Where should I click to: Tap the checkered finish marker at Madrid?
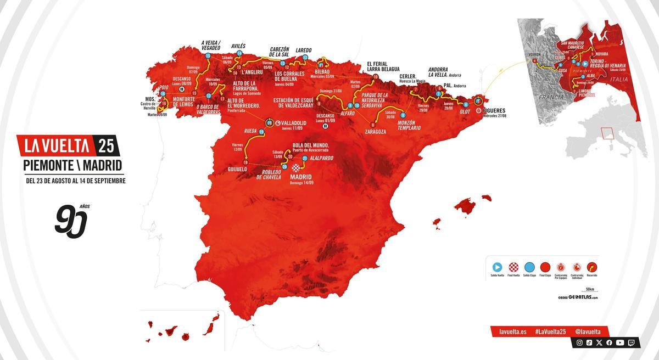[297, 167]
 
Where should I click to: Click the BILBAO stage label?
[322, 71]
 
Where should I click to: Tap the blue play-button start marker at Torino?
[585, 63]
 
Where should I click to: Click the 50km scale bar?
[590, 292]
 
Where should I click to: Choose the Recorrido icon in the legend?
[591, 266]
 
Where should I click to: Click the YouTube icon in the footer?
[619, 342]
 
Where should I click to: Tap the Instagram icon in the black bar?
[579, 342]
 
